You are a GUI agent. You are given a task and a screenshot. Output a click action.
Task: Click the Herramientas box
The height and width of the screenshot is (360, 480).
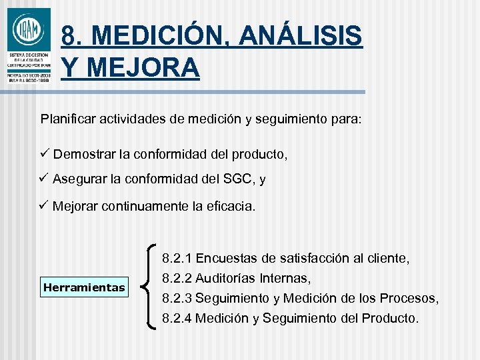tap(84, 288)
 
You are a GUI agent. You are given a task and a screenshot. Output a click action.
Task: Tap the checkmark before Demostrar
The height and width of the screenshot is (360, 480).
tap(45, 154)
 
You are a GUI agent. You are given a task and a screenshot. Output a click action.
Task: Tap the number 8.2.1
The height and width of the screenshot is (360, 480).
tap(177, 258)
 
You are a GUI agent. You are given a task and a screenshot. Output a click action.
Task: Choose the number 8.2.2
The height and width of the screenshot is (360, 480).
tap(177, 277)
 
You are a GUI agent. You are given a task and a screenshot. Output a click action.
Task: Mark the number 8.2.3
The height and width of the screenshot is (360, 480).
tap(177, 298)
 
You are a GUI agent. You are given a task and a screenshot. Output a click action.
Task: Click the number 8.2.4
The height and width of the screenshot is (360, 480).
tap(177, 318)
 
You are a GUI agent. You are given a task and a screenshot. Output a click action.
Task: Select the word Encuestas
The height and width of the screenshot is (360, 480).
tap(226, 258)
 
